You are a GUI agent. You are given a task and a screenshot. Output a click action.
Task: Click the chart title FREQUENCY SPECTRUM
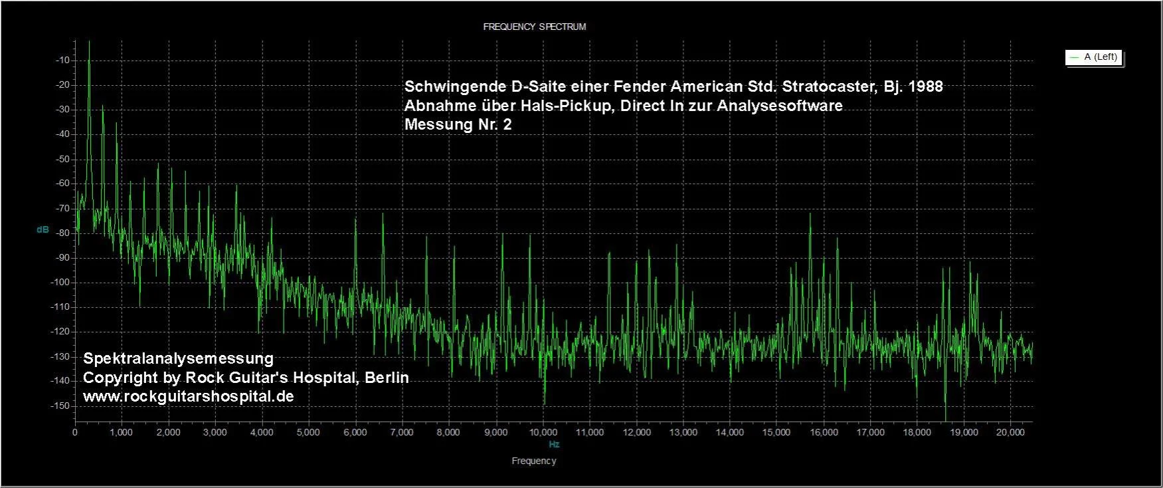534,27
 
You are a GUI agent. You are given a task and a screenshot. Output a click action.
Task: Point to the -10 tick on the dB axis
63,60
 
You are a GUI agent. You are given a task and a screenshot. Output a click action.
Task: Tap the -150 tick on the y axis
60,406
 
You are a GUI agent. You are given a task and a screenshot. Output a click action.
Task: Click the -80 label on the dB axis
63,233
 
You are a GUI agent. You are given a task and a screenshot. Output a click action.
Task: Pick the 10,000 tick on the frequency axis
543,432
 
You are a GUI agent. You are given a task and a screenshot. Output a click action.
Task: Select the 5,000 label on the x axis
308,432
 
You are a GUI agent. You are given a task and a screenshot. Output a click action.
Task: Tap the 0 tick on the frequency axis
75,432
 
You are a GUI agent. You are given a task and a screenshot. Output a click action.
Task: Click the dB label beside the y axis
43,229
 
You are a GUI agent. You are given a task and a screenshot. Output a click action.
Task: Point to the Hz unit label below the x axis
554,444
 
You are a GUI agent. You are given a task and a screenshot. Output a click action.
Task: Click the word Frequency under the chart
534,461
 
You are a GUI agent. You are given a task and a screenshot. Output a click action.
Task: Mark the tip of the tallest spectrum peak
89,41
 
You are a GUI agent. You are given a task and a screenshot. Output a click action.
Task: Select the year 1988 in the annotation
925,86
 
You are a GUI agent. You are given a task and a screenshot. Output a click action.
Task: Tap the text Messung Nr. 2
458,124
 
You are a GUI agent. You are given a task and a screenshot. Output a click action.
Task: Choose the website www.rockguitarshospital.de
188,396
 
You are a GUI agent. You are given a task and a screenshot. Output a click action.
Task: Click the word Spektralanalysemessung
178,358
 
